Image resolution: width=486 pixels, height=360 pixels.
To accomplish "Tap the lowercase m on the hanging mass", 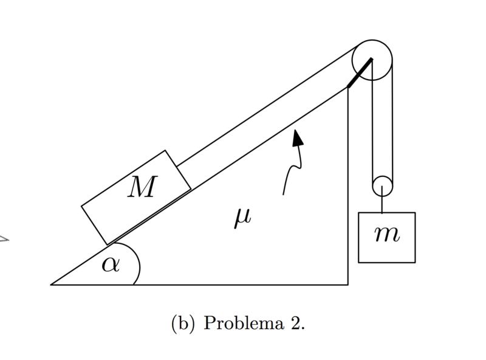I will tap(386, 234).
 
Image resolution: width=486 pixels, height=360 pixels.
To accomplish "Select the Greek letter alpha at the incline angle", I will tap(110, 265).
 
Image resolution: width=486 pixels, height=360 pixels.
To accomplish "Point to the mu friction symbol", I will tap(242, 217).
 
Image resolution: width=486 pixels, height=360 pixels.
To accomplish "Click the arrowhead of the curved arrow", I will tap(297, 139).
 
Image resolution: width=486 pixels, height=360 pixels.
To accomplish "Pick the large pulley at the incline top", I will tap(372, 60).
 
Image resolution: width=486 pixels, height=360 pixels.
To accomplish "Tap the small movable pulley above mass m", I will tap(382, 185).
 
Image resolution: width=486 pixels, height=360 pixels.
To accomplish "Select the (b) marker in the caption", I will tap(183, 323).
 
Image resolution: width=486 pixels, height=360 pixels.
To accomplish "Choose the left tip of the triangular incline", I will tap(52, 284).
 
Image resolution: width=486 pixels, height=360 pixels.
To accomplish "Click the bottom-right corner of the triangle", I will tap(348, 284).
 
